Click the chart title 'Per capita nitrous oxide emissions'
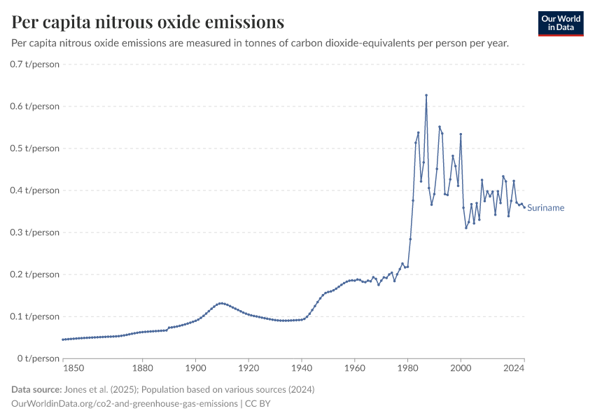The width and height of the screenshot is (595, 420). coord(148,22)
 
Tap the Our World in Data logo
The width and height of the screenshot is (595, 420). coord(561,23)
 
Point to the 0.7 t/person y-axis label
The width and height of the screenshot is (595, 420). coord(35,64)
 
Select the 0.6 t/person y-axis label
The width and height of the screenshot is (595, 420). coord(35,106)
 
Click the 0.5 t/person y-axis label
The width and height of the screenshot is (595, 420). coord(35,148)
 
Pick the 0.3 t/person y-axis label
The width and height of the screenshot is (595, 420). coord(35,232)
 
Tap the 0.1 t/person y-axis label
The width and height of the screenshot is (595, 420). coord(35,316)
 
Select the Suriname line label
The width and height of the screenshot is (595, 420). coord(545,208)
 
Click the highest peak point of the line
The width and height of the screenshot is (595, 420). coord(426,95)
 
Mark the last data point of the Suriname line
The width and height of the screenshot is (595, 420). coord(524,207)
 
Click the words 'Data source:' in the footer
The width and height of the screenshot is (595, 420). coord(36,389)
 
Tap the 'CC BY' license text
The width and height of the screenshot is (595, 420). coord(260,404)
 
